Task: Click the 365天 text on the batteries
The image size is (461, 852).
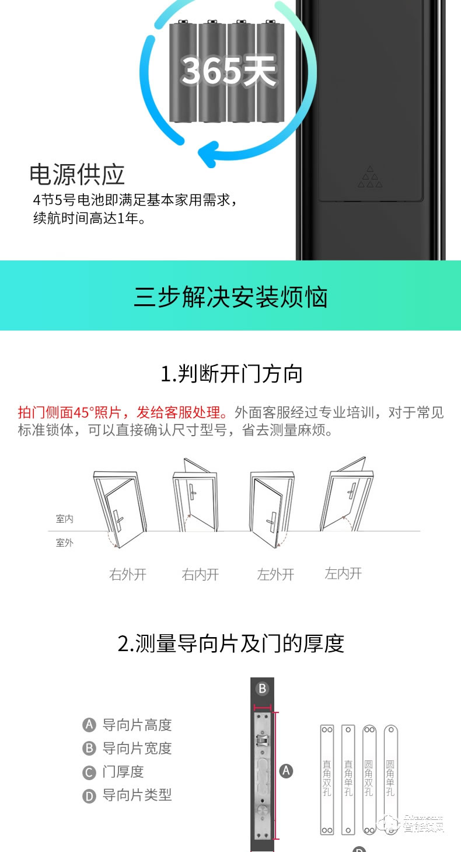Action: (228, 71)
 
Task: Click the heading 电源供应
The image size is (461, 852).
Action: (77, 174)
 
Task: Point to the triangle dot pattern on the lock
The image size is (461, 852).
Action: (370, 178)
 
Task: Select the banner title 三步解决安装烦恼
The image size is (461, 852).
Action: (230, 296)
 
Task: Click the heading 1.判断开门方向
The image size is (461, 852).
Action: (231, 374)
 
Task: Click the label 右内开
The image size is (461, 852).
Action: (200, 575)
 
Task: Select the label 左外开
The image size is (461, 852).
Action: (275, 575)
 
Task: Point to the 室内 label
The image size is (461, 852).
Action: (65, 519)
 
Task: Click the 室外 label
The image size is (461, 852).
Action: (65, 543)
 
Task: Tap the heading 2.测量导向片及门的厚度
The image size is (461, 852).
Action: (231, 644)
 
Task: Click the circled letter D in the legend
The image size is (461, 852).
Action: (89, 795)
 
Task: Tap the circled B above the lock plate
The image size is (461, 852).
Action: (262, 688)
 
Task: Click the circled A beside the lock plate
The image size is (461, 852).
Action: (286, 771)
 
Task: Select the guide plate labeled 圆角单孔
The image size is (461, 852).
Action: (390, 779)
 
